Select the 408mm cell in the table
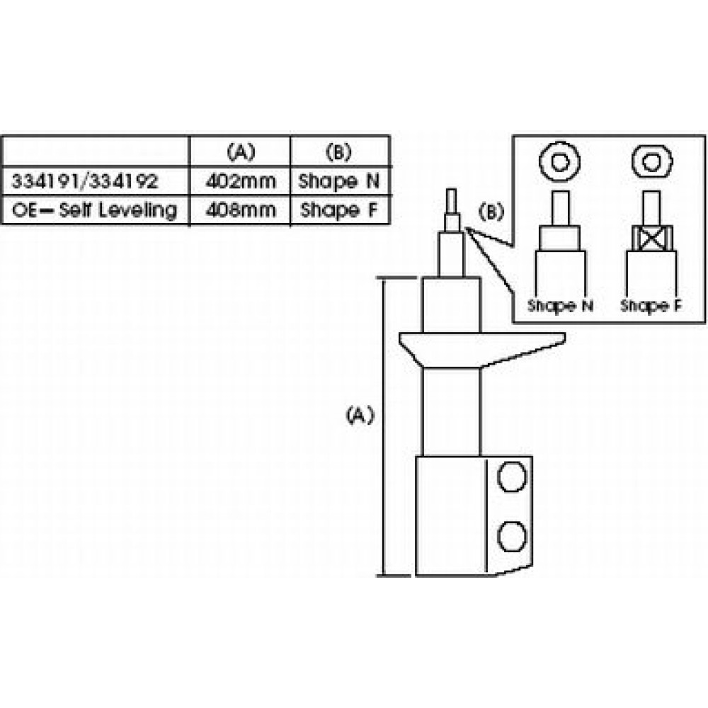(241, 210)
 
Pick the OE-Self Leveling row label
(95, 210)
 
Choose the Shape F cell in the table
(339, 210)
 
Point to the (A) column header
(241, 151)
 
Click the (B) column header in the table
(339, 151)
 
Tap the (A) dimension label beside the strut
(359, 416)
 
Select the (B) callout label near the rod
(491, 210)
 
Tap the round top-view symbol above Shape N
(559, 162)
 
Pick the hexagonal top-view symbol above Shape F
(651, 162)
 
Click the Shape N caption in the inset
(560, 306)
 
